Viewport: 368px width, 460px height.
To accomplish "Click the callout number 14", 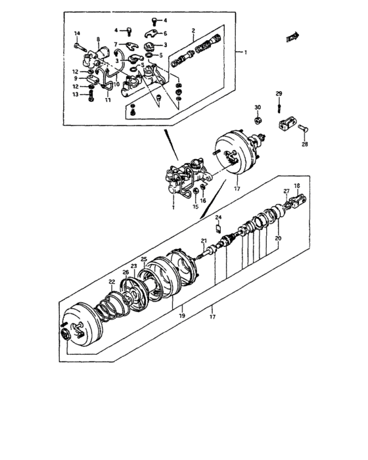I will point(76,34).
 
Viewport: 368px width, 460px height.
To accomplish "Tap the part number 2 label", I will point(194,30).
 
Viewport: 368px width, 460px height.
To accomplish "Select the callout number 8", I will point(99,39).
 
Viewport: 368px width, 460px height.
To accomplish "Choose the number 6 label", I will point(165,33).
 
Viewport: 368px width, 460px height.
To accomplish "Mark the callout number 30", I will point(258,107).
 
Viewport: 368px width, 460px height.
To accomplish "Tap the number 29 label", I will point(279,93).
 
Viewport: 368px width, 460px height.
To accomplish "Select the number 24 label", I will point(219,218).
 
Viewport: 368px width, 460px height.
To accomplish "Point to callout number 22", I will point(112,282).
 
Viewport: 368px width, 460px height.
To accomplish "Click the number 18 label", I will point(296,186).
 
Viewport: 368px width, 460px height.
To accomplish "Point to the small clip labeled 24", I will point(219,227).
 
